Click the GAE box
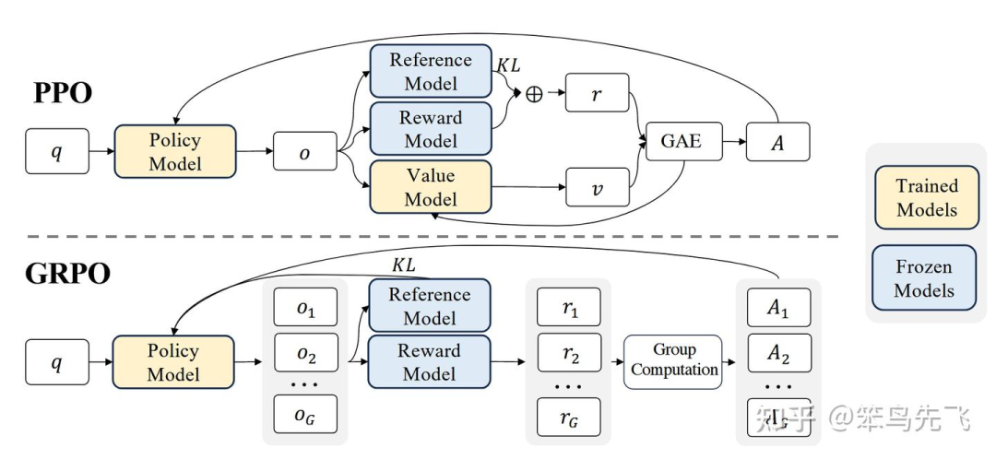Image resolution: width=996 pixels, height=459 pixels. [681, 141]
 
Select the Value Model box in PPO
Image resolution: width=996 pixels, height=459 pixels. [430, 187]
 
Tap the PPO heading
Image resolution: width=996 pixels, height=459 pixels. [63, 93]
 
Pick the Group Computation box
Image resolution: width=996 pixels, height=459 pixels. [673, 360]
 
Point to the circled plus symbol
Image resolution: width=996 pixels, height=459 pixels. [534, 94]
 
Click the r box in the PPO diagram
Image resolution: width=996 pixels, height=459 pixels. [597, 94]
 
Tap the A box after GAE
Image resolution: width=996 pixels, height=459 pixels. [777, 142]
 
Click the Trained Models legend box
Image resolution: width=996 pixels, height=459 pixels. [926, 197]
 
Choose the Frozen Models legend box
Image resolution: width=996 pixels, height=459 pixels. [926, 277]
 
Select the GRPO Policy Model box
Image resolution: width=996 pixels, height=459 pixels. [173, 362]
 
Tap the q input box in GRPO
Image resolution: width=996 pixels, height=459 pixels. [57, 362]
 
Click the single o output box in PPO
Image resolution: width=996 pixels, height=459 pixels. [304, 152]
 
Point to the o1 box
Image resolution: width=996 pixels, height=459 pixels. [305, 309]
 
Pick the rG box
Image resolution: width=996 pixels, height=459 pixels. [569, 417]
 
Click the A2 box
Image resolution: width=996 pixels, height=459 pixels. [778, 353]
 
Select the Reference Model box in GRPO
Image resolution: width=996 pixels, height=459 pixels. [429, 306]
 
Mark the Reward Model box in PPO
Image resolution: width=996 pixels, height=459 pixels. [430, 129]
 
